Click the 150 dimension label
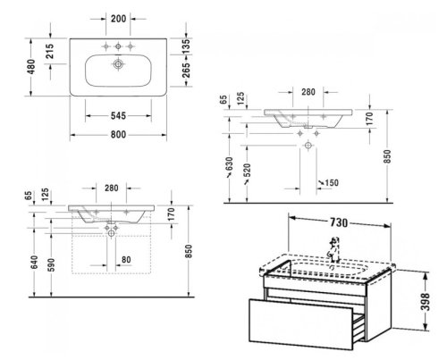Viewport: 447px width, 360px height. click(331, 183)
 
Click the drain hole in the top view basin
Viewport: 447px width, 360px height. click(118, 65)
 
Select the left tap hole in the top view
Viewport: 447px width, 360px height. click(104, 46)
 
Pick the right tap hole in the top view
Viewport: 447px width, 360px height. click(133, 46)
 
